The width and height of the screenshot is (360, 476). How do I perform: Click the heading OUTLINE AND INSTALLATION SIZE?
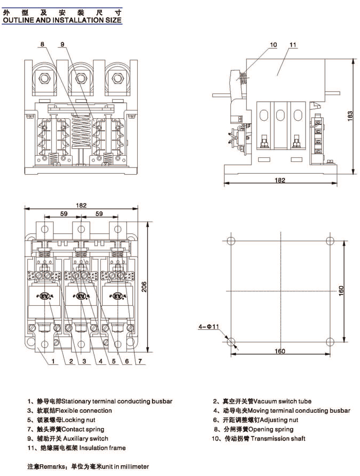(62, 20)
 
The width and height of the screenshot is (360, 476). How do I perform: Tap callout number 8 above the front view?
(42, 45)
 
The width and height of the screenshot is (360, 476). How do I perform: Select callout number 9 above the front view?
(62, 45)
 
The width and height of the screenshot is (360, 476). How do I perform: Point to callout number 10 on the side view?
(273, 45)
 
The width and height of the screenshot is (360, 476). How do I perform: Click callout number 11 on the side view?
(293, 45)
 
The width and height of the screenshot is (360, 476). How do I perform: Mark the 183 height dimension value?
(350, 117)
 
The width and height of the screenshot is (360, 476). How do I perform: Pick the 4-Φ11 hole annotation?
(209, 326)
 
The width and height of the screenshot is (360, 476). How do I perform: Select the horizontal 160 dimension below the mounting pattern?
(280, 352)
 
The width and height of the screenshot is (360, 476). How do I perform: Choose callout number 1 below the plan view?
(53, 361)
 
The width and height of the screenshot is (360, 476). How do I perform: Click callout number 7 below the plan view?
(138, 361)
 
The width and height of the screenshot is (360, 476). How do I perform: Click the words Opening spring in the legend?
(271, 429)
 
